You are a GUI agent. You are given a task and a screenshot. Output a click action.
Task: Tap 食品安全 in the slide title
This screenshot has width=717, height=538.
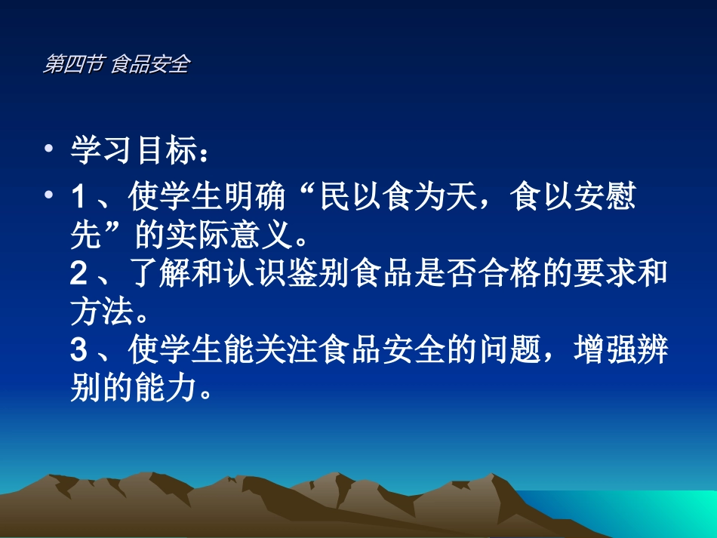149,65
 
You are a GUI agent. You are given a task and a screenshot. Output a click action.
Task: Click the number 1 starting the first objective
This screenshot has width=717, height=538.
78,198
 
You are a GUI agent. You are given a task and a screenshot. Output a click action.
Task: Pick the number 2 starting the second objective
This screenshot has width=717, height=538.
78,275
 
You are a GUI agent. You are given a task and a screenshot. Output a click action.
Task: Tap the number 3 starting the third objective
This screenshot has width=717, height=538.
78,351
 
